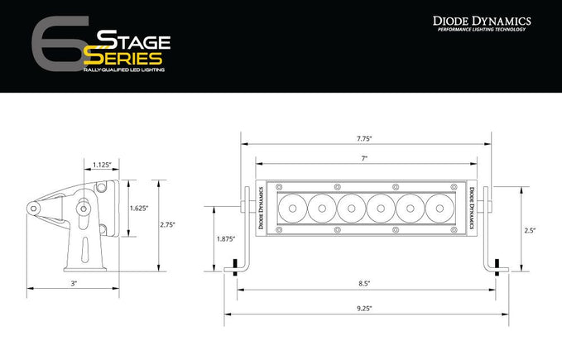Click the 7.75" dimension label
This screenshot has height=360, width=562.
364,139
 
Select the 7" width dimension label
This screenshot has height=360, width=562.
364,157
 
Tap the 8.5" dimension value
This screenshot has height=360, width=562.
364,284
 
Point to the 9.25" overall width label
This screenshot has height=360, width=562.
364,309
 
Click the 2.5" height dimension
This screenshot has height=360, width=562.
531,230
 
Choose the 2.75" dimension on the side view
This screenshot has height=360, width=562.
170,223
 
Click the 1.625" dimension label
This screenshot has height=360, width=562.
138,209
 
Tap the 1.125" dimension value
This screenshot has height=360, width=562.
103,164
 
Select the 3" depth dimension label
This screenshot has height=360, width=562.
74,284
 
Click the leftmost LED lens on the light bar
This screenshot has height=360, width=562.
293,207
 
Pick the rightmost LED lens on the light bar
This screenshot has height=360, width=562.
435,207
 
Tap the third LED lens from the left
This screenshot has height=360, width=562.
350,207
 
